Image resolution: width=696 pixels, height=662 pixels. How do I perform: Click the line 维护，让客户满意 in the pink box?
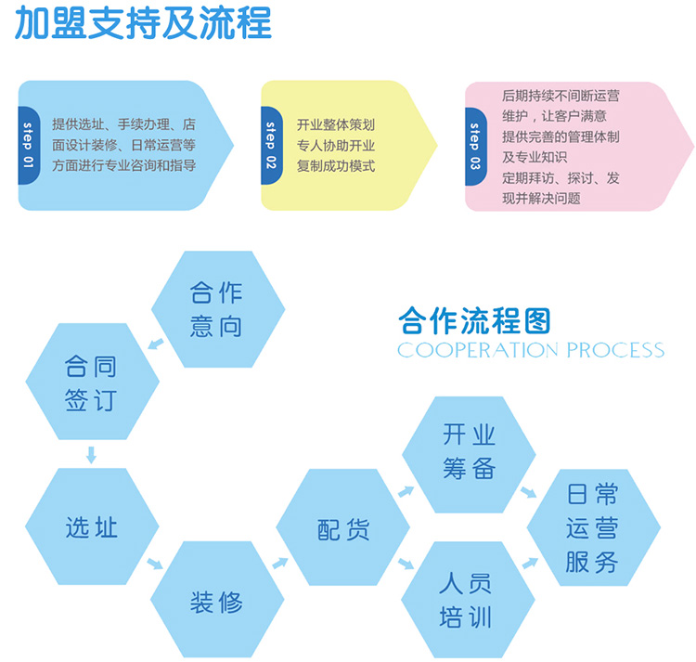click(554, 116)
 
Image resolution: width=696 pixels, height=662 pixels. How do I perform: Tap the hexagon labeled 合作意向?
click(216, 309)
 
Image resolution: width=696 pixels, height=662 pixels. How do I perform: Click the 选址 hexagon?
click(91, 526)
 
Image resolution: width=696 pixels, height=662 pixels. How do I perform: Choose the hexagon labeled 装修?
click(216, 601)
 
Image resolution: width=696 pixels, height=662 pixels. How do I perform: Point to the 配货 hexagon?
click(342, 528)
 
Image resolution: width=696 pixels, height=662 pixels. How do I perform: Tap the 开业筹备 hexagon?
click(468, 452)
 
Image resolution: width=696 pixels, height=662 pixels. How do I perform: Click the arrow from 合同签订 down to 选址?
click(91, 455)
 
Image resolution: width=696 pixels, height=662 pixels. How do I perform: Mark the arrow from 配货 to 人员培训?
click(406, 563)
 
